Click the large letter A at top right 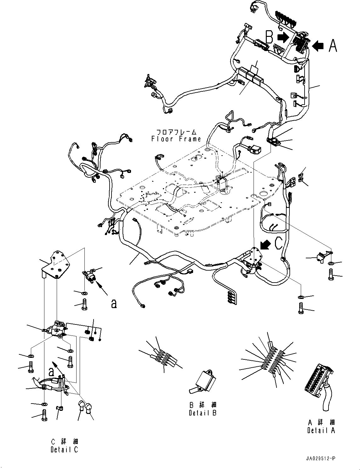333,46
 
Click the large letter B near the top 269,37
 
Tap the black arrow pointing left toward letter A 318,46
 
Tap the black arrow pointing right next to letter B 283,37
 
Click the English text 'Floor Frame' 176,139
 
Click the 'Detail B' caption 203,413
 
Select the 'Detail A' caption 321,430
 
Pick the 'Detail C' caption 64,450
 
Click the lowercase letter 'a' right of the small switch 114,303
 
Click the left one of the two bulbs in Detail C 82,406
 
